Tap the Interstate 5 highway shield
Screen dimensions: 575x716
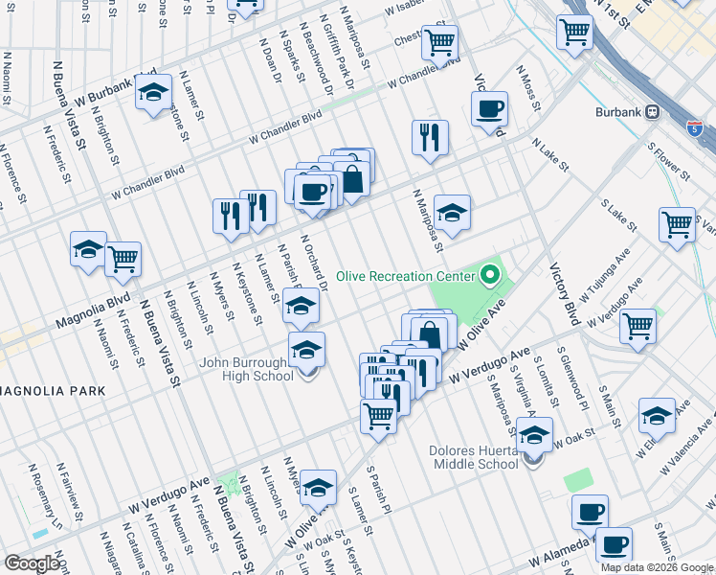(692, 126)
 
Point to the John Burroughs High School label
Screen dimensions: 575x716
(247, 370)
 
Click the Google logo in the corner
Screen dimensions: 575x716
(32, 563)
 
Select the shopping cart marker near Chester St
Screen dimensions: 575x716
(439, 42)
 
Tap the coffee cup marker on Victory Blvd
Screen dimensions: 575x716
(489, 108)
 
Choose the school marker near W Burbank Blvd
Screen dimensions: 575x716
(153, 93)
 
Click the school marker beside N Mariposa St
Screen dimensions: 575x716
(452, 212)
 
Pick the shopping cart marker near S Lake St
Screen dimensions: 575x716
(677, 224)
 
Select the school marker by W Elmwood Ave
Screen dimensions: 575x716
(657, 416)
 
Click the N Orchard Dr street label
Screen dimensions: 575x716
(316, 264)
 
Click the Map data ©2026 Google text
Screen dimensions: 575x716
(656, 567)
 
